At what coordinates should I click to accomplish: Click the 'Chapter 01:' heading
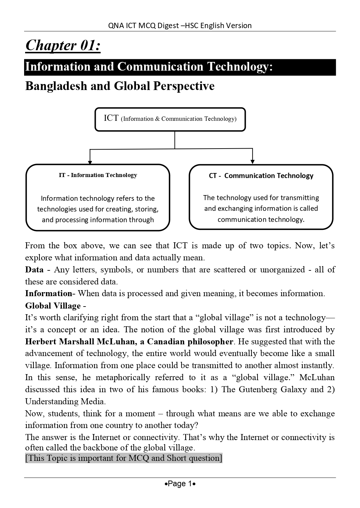pyautogui.click(x=63, y=45)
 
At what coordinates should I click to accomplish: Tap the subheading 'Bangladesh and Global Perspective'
pyautogui.click(x=120, y=86)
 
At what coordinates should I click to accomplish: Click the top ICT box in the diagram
pyautogui.click(x=170, y=119)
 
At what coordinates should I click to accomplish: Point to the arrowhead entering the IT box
pyautogui.click(x=90, y=162)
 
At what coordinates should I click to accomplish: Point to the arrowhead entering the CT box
pyautogui.click(x=253, y=162)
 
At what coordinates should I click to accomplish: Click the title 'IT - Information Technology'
pyautogui.click(x=98, y=175)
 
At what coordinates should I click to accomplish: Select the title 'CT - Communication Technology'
pyautogui.click(x=261, y=176)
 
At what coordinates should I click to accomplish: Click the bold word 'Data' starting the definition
pyautogui.click(x=34, y=270)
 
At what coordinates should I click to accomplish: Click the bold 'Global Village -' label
pyautogui.click(x=56, y=306)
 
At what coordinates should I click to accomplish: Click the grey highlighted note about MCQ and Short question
pyautogui.click(x=124, y=458)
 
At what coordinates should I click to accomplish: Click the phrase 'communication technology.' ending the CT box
pyautogui.click(x=261, y=220)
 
